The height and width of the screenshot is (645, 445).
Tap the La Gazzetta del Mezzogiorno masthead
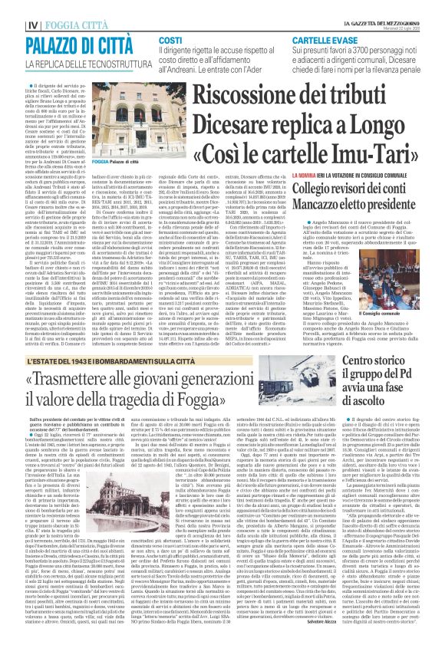pyautogui.click(x=383, y=5)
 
